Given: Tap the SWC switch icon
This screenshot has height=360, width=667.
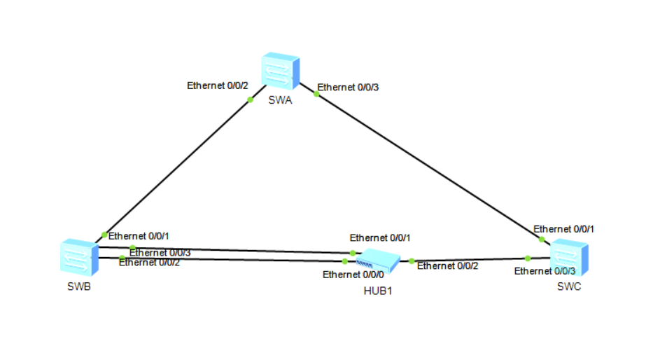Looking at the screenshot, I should [569, 258].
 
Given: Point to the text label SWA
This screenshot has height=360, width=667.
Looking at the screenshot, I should [279, 99].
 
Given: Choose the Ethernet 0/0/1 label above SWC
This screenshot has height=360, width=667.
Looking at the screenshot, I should [564, 229].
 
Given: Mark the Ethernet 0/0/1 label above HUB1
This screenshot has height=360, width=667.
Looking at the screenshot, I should [380, 238].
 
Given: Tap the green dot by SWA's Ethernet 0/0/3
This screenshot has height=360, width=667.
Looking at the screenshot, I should [316, 94].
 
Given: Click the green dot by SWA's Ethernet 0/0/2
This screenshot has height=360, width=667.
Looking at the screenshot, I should [250, 100].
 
